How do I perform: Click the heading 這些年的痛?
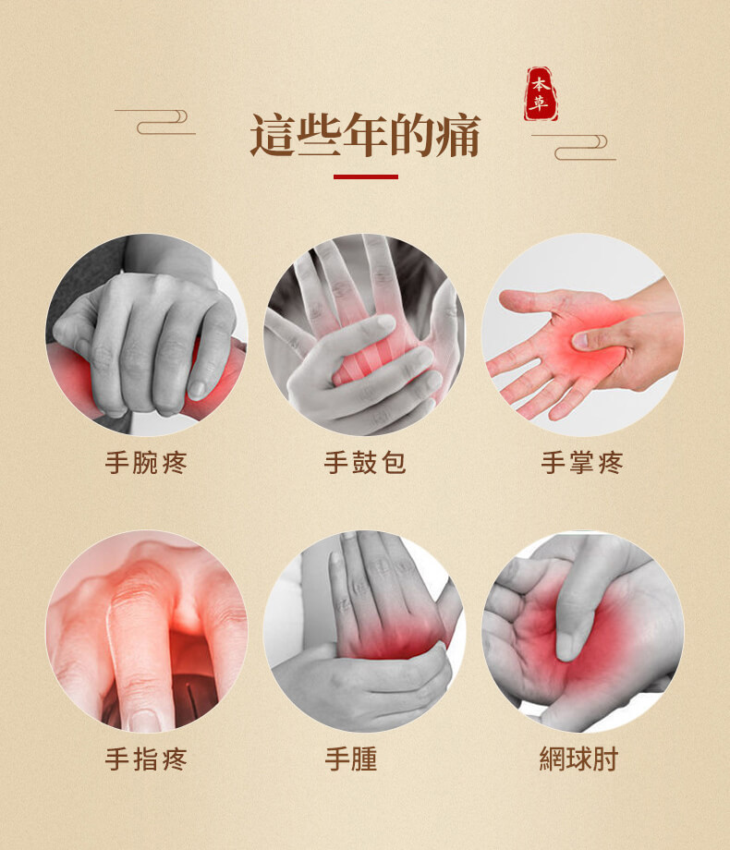click(x=365, y=136)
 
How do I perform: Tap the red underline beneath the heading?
click(x=365, y=176)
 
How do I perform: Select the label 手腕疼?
click(x=146, y=462)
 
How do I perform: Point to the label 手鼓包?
click(x=365, y=462)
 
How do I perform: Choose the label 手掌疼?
click(x=582, y=462)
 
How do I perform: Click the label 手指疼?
click(x=146, y=759)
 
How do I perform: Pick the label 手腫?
click(x=351, y=759)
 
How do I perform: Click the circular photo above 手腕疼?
click(x=146, y=334)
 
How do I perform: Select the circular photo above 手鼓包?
click(x=365, y=334)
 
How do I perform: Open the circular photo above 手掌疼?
click(x=583, y=334)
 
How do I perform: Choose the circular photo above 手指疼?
click(x=146, y=631)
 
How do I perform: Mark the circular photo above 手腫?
click(x=365, y=631)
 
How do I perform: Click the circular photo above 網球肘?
click(x=583, y=631)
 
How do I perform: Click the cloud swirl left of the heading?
click(x=157, y=121)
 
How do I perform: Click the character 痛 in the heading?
click(x=457, y=136)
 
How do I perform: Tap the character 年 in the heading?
click(x=365, y=136)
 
